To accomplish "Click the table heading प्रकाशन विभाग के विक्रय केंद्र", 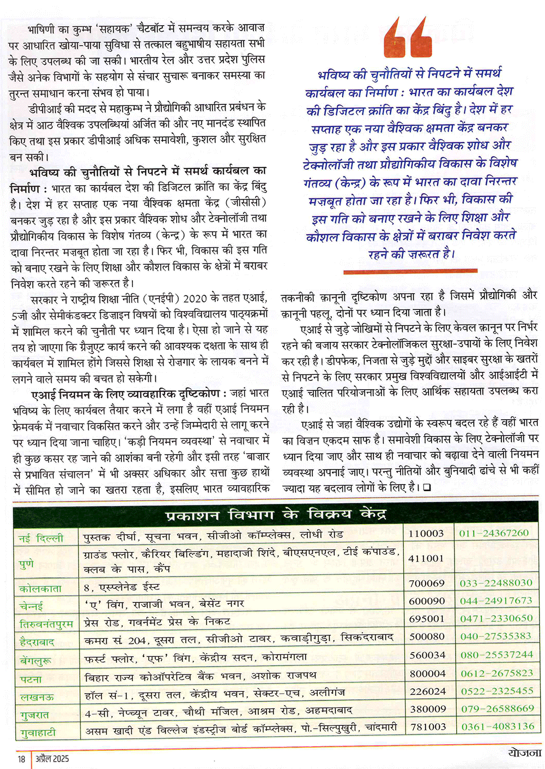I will [x=276, y=515].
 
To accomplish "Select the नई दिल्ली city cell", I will [x=41, y=538].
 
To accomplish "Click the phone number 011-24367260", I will [x=494, y=533].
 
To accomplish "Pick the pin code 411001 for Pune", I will [x=426, y=558].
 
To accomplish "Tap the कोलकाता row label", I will [x=40, y=588].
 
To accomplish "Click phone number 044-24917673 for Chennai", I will [x=496, y=600].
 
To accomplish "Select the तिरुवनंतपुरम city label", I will [x=46, y=623].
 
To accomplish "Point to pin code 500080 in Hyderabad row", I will [x=427, y=636].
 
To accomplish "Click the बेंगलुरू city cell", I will [x=36, y=660].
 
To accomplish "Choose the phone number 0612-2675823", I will [x=496, y=673].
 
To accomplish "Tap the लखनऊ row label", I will [x=37, y=697].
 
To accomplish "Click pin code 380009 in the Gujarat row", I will [x=427, y=708].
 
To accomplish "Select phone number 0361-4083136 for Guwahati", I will [x=498, y=726].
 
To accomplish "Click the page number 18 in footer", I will [x=21, y=759].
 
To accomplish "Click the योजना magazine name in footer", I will [x=524, y=752].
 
